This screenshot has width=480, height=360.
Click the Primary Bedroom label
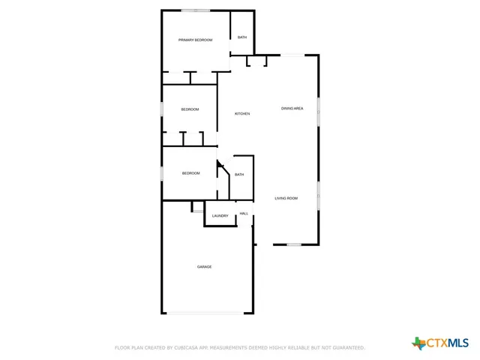tap(195, 40)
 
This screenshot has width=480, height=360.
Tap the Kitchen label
tap(242, 113)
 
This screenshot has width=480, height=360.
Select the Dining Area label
tap(292, 109)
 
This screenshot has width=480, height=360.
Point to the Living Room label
tap(286, 198)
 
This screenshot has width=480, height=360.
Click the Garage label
tap(204, 267)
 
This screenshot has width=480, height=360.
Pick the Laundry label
tap(220, 216)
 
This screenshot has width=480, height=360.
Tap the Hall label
tap(244, 214)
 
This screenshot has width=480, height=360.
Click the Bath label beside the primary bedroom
tap(242, 37)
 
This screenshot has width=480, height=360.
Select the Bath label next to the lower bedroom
tap(239, 175)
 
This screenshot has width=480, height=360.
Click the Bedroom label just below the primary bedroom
tap(190, 109)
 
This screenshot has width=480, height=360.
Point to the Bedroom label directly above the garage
tap(190, 173)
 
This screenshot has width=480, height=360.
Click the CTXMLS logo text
tap(448, 343)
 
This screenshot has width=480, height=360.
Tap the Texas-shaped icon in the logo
tap(418, 343)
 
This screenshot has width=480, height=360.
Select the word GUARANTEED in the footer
tap(346, 348)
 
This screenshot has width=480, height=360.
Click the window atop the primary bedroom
tap(196, 10)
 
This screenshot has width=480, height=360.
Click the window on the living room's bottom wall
tap(294, 244)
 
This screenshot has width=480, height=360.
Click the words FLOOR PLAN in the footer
tap(128, 348)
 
